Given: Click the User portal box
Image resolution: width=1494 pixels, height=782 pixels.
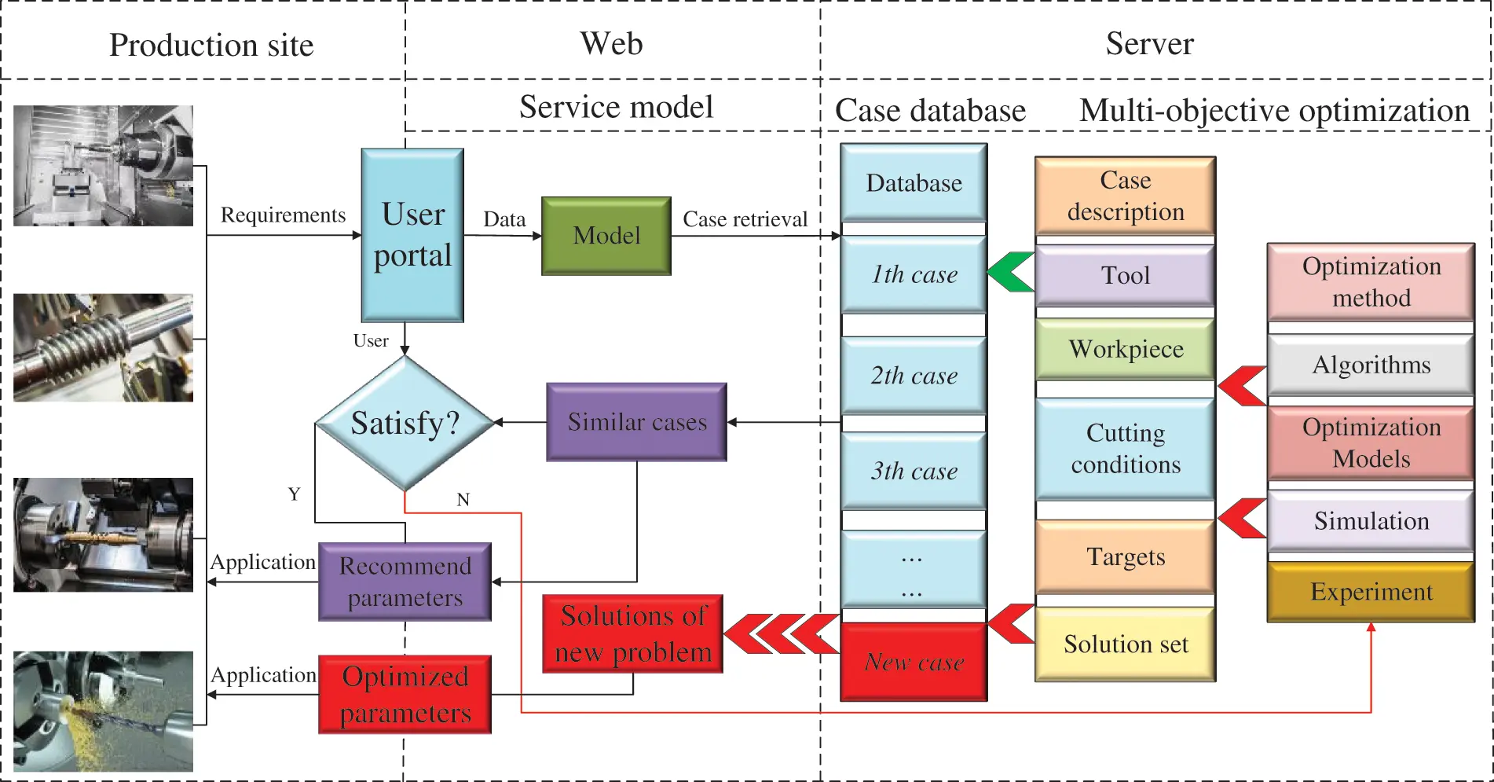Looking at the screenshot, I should (412, 235).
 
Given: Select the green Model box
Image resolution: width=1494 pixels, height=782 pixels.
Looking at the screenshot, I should (606, 236).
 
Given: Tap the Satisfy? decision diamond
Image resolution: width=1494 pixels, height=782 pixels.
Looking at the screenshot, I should (405, 423).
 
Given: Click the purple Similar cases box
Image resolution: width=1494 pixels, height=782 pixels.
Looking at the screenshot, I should (636, 422).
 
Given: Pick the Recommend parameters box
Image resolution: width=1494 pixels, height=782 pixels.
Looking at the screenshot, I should (405, 582).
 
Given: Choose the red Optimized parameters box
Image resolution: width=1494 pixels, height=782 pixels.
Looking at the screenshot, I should (405, 695).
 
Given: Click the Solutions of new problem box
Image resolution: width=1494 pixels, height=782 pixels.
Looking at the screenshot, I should (632, 634).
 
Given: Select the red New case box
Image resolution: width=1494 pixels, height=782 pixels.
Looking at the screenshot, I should (914, 662).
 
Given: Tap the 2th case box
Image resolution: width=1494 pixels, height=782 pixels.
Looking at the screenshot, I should (914, 376).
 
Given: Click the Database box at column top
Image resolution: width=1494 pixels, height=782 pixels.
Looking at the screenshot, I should (914, 183).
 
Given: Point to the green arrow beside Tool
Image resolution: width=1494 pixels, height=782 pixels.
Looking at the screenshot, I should (1011, 272).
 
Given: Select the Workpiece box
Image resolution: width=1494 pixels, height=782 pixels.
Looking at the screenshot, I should (1125, 349).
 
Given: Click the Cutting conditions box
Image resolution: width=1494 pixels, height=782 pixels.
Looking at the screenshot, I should (1125, 449).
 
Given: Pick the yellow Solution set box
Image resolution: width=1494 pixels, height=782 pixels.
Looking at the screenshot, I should (1125, 644).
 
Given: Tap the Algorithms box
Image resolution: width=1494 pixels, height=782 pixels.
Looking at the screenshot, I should (1371, 365).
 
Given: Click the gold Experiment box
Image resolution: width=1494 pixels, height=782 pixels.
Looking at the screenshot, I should (1371, 592).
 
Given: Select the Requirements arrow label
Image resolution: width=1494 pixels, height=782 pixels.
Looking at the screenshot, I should (283, 215).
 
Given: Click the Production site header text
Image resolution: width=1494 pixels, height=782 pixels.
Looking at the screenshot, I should (211, 45).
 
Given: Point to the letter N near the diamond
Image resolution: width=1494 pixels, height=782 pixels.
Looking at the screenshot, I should (463, 500).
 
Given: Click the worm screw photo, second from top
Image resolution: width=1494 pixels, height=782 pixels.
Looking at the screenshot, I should (103, 347).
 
